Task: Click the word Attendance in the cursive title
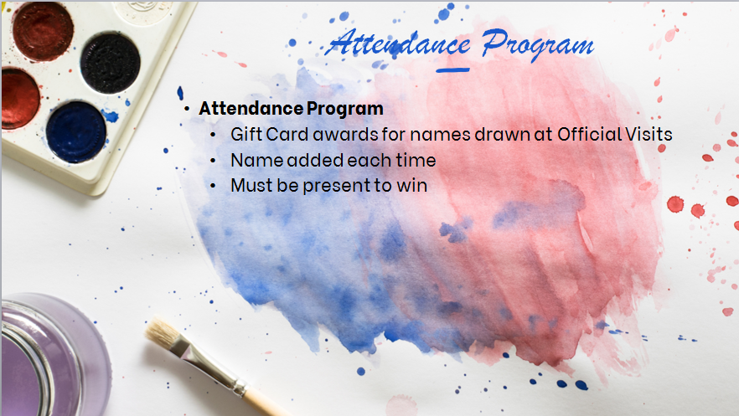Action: tap(399, 44)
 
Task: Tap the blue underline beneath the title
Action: tap(452, 70)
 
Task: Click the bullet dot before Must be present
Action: tap(213, 186)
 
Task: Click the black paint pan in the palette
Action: tap(111, 63)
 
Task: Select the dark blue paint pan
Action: tap(76, 132)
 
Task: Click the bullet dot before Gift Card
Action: tap(213, 135)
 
